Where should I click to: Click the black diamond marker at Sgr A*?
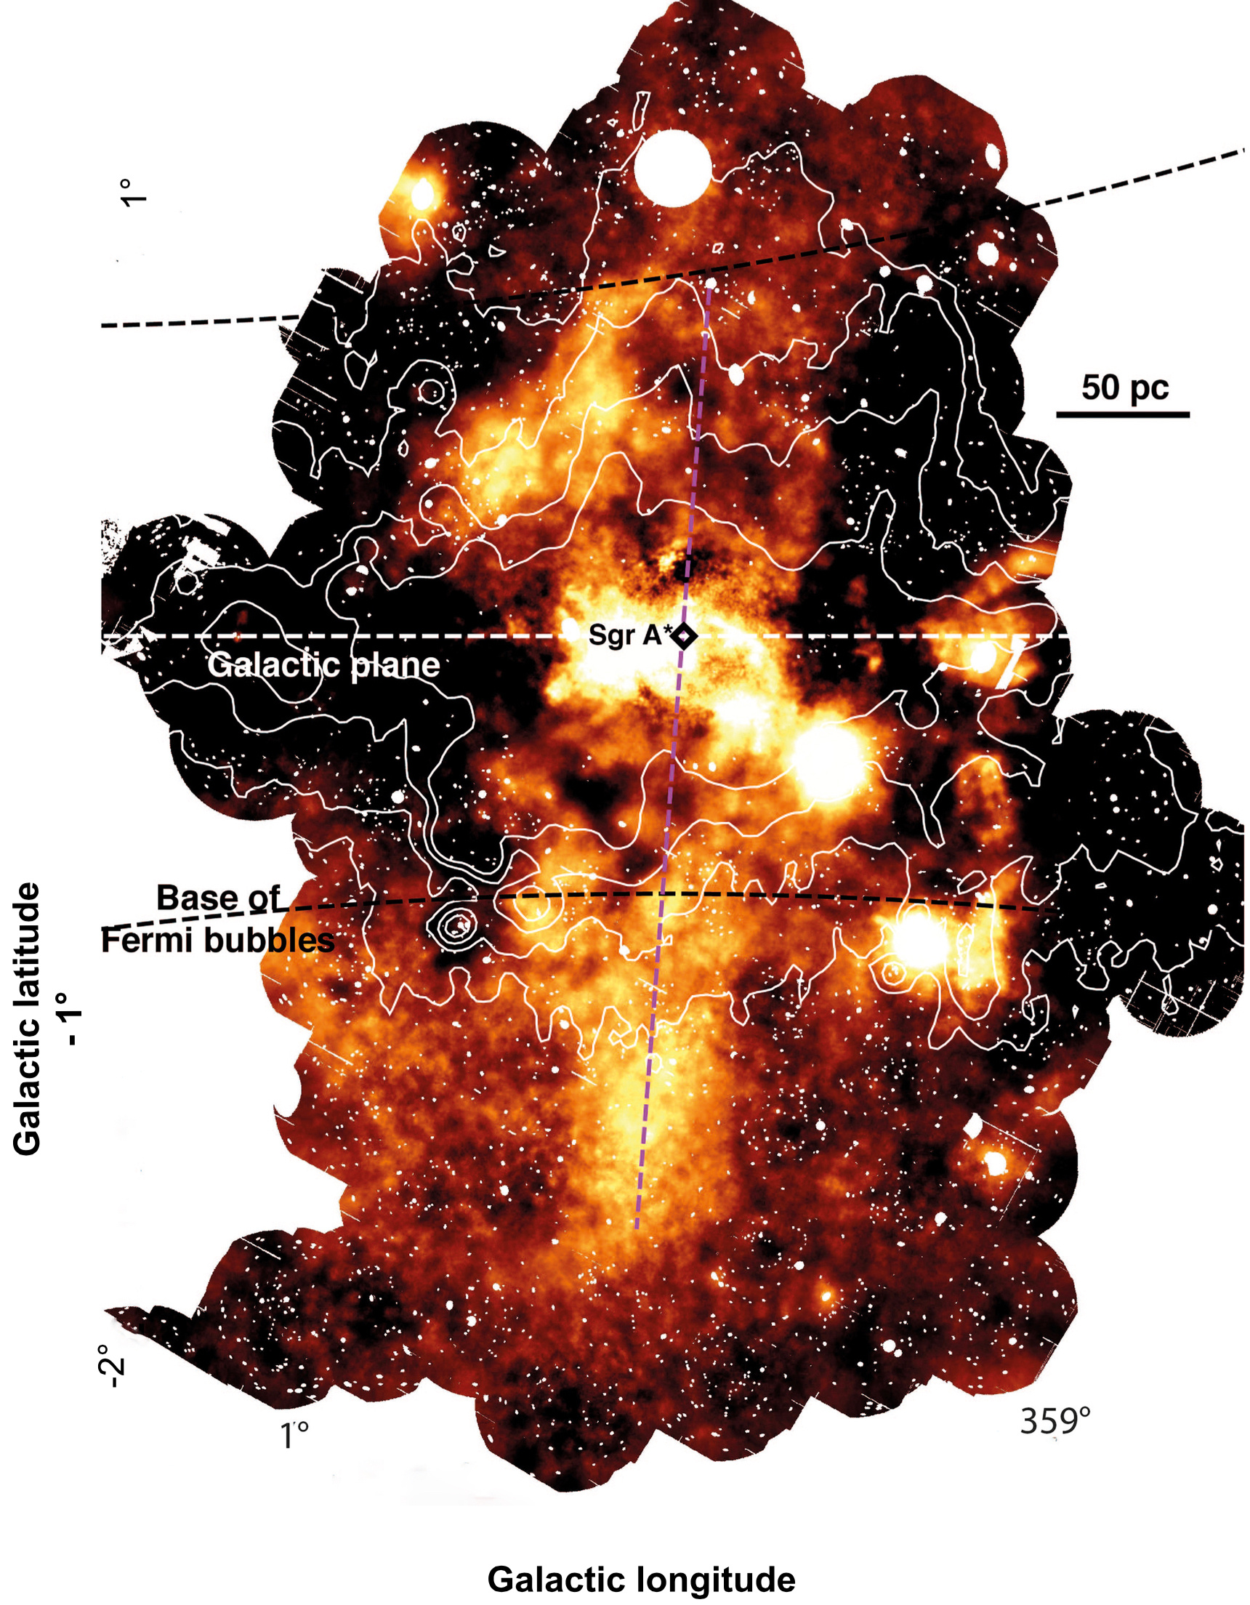(685, 636)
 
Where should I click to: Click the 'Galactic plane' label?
(323, 666)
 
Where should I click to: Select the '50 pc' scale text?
(1124, 387)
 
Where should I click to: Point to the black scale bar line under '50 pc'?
(1123, 415)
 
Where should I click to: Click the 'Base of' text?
(218, 898)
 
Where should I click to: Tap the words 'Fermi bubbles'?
(217, 941)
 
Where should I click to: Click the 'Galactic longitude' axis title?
(641, 1580)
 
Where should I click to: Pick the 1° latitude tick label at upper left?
(134, 192)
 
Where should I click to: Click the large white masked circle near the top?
(672, 168)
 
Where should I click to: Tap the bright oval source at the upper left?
(422, 194)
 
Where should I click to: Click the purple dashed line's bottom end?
(637, 1226)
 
